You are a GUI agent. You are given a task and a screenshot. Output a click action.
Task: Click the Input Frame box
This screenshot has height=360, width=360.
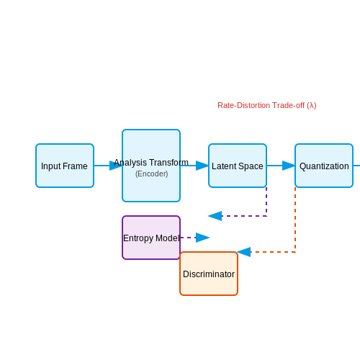click(65, 166)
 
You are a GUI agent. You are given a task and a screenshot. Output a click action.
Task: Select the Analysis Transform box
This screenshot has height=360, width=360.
click(151, 166)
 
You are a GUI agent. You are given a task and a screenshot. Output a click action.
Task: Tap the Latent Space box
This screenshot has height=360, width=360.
click(238, 166)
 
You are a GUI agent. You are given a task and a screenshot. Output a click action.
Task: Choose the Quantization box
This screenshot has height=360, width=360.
click(324, 166)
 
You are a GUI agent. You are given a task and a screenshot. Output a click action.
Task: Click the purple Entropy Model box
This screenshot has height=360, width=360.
click(151, 238)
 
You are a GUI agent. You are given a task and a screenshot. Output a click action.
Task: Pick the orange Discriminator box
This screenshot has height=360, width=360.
click(209, 274)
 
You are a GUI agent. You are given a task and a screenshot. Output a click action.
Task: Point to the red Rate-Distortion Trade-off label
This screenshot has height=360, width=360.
click(267, 105)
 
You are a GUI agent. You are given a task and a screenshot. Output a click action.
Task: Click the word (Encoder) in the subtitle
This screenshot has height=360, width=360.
click(152, 174)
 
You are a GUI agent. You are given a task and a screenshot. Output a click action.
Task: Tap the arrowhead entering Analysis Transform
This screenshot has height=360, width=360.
click(116, 166)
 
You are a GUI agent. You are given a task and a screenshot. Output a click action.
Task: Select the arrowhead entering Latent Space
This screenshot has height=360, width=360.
click(202, 166)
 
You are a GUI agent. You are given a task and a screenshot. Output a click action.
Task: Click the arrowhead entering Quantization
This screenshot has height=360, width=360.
click(289, 166)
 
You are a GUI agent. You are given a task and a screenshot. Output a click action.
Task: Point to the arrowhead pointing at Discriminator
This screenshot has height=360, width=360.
click(244, 252)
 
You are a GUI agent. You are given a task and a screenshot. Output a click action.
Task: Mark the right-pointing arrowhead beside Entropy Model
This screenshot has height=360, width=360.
click(203, 238)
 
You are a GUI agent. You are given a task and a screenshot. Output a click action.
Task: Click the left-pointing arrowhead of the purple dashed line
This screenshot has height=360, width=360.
click(215, 216)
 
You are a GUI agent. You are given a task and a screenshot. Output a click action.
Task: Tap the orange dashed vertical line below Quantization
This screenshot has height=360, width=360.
click(295, 220)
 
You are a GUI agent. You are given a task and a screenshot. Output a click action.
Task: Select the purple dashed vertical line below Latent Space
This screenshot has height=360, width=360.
click(266, 202)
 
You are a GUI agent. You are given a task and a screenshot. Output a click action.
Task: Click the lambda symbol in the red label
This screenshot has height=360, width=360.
click(312, 105)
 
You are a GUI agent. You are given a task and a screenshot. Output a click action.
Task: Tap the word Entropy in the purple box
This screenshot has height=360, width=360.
click(138, 238)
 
